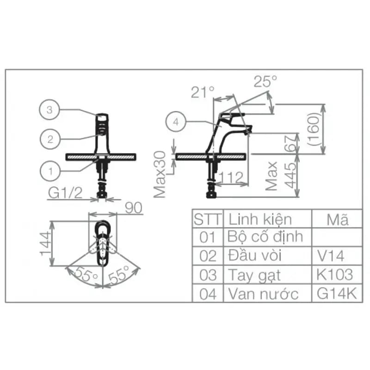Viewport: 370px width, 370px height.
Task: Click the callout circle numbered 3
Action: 49,110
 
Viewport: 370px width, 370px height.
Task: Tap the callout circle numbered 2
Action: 50,139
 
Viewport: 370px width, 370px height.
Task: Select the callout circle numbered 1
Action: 50,171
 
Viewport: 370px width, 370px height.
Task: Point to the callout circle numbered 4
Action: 176,122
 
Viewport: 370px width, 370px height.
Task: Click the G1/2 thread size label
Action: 65,193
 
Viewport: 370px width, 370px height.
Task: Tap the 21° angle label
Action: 203,92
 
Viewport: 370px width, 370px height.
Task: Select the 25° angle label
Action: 265,81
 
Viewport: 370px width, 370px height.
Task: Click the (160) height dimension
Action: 314,129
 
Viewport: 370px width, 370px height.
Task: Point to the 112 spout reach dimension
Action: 231,177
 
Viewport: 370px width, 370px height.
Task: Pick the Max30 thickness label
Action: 160,174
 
